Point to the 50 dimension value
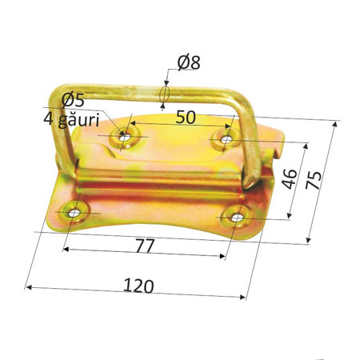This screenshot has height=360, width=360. click(186, 118)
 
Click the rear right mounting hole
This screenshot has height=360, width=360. click(226, 140)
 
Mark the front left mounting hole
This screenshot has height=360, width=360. click(74, 212)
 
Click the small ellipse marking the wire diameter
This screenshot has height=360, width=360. click(164, 94)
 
